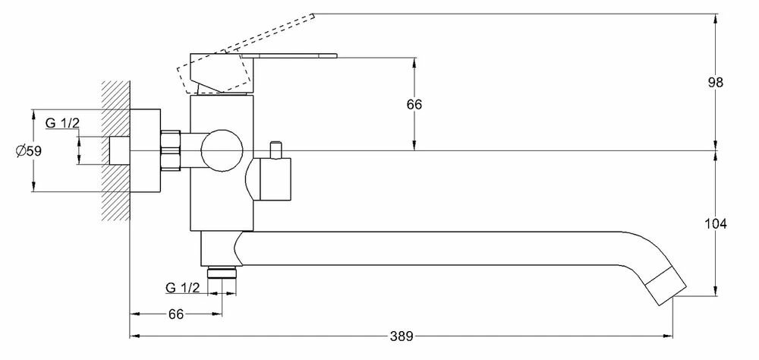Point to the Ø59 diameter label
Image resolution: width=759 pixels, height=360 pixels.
point(28,151)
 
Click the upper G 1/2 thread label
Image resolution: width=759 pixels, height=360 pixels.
point(62,125)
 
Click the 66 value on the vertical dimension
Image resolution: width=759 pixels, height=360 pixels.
point(414,104)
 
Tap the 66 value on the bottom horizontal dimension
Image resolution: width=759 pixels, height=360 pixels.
point(175,314)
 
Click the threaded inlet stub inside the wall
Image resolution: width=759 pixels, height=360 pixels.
point(119,150)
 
